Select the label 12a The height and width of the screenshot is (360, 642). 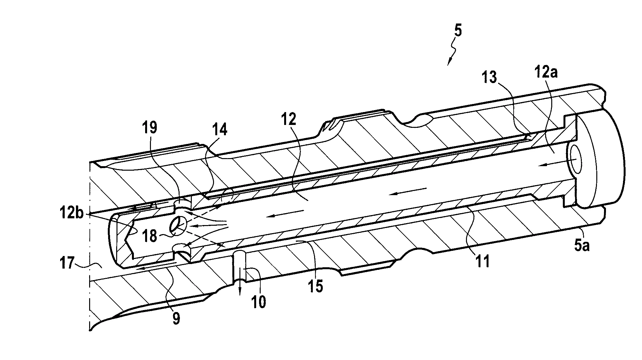(546, 73)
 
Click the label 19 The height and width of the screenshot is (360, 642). (150, 128)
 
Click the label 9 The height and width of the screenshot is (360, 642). (176, 318)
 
